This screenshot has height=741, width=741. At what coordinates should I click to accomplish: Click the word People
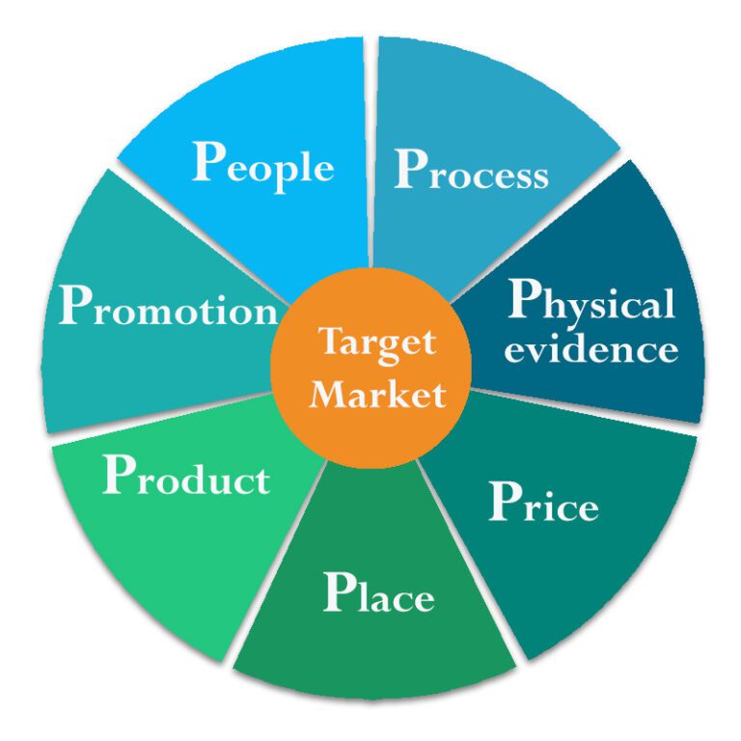click(x=263, y=164)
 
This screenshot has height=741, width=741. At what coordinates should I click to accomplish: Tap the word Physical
click(x=591, y=303)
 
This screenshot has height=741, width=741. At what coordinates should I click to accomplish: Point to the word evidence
click(x=590, y=348)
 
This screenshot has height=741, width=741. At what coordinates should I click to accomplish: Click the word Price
click(x=543, y=503)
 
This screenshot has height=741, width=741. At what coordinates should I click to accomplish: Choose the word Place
click(x=378, y=593)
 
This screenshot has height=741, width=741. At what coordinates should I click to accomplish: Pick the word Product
click(x=186, y=477)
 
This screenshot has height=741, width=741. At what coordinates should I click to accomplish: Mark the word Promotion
click(x=168, y=308)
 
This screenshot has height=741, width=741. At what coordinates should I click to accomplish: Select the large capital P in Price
click(x=507, y=500)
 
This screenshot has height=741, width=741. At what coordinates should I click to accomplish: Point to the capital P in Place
click(x=340, y=591)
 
